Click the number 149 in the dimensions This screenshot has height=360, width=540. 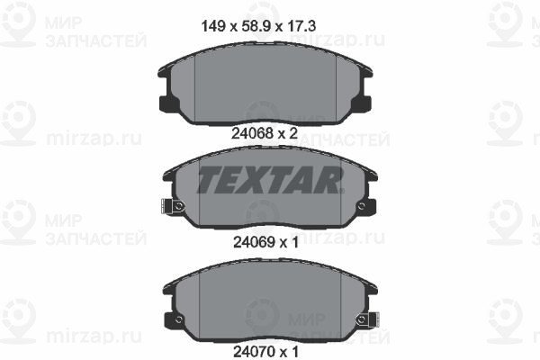212,26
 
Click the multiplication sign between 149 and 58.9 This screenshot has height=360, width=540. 233,27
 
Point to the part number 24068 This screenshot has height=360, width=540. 252,133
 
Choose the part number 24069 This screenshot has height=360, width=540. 254,242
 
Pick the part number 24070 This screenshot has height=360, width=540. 254,352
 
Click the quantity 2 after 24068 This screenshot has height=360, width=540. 292,133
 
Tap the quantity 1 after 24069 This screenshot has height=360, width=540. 294,242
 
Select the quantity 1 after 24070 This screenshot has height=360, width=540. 294,352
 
